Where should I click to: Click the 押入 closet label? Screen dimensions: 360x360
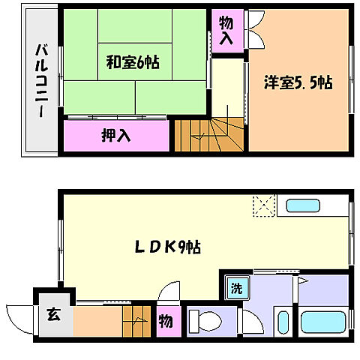116,136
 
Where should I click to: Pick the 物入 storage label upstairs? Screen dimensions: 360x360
226,30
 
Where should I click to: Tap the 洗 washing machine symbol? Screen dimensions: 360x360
236,287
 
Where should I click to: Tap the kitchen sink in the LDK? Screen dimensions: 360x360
304,205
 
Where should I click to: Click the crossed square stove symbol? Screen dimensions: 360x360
264,204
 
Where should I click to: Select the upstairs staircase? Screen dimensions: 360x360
210,135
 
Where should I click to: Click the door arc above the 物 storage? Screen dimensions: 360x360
171,292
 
